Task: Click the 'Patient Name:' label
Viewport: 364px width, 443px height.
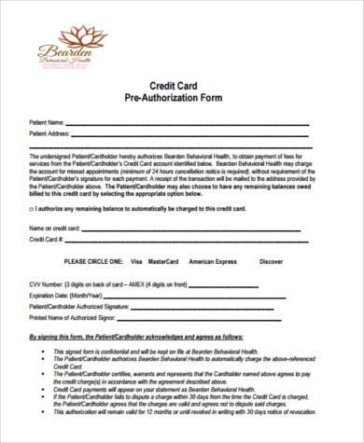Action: (48, 122)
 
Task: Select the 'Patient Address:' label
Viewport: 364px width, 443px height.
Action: (51, 134)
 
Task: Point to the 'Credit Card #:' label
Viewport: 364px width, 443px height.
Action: (48, 240)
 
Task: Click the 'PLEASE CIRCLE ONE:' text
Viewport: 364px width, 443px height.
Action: (93, 262)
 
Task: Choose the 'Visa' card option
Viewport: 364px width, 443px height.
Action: (137, 262)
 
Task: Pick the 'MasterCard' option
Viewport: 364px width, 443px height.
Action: (163, 262)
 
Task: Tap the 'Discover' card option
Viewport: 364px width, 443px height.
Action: (271, 262)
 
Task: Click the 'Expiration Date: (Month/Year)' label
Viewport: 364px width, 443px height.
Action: (66, 294)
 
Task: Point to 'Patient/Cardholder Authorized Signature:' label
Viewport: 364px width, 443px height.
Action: (80, 306)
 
